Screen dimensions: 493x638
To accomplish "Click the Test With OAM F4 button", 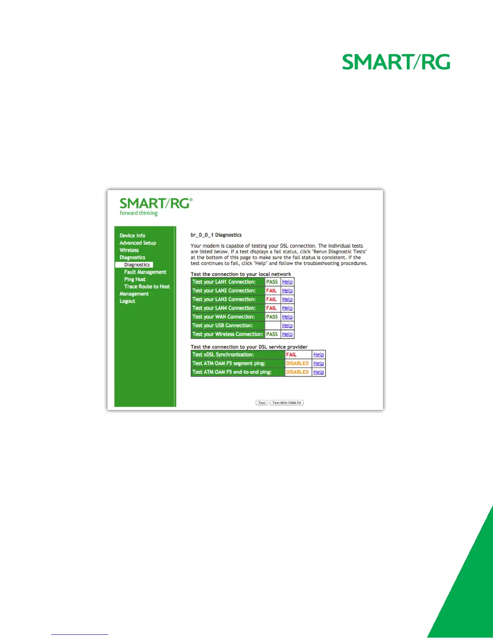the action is [286, 402].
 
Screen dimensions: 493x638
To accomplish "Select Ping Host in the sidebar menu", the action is [135, 279].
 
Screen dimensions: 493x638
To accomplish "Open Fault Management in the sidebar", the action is [145, 272].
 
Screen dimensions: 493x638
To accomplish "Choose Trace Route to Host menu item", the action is [147, 286].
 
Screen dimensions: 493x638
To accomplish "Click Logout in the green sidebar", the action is [127, 301].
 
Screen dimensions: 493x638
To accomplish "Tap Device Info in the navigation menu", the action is [132, 236].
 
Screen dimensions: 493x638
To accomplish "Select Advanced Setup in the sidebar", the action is [138, 243].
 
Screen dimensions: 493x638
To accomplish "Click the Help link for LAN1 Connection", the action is [287, 282].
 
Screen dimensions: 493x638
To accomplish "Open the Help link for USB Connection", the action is [287, 325].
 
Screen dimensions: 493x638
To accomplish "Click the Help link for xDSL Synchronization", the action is [319, 355].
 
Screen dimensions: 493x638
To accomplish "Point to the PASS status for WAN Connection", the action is [272, 317].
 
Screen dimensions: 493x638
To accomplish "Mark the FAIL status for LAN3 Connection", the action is [271, 299].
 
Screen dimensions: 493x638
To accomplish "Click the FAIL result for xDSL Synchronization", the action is [291, 355].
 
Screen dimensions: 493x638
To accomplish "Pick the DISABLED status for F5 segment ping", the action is [297, 363].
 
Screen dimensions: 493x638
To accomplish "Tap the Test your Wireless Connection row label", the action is [228, 334].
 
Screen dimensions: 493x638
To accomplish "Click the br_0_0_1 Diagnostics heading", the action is [216, 235].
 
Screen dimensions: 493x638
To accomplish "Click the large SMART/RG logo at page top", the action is [396, 62].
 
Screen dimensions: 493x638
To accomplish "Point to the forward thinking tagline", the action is [139, 213].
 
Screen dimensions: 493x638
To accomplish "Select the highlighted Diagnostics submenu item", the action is [137, 265].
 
